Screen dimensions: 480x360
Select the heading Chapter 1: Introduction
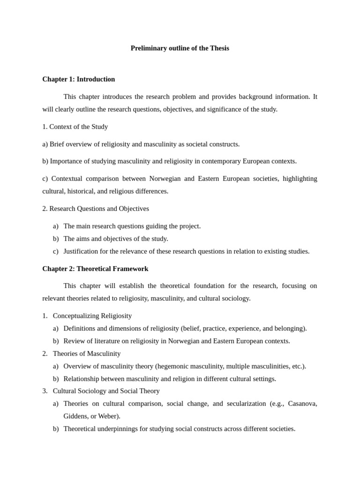click(x=78, y=79)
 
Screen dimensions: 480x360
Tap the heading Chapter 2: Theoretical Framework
click(x=95, y=269)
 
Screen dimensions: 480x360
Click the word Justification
click(x=82, y=251)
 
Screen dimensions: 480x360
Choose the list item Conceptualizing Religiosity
click(x=92, y=316)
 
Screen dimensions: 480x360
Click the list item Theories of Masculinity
click(x=87, y=353)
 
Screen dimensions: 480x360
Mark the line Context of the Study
click(x=78, y=127)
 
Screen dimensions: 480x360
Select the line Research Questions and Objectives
click(x=99, y=209)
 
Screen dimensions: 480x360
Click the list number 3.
click(x=45, y=391)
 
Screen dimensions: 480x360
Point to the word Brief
click(x=58, y=144)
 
